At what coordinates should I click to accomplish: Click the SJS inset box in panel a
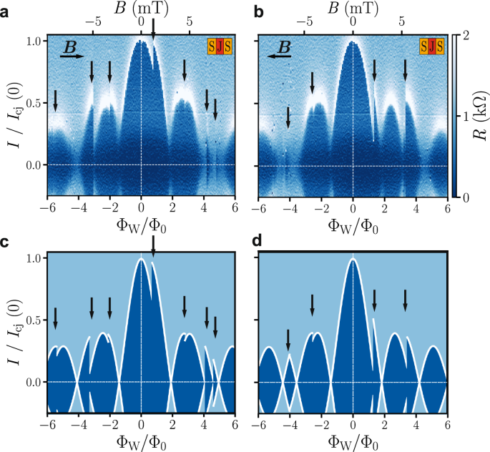(220, 47)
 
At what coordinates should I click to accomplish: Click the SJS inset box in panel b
(431, 47)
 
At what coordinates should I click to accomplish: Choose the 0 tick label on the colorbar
(466, 196)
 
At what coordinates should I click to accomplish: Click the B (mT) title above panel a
(140, 8)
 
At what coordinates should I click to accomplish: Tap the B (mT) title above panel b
(352, 8)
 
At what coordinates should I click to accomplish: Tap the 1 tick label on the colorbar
(466, 115)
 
